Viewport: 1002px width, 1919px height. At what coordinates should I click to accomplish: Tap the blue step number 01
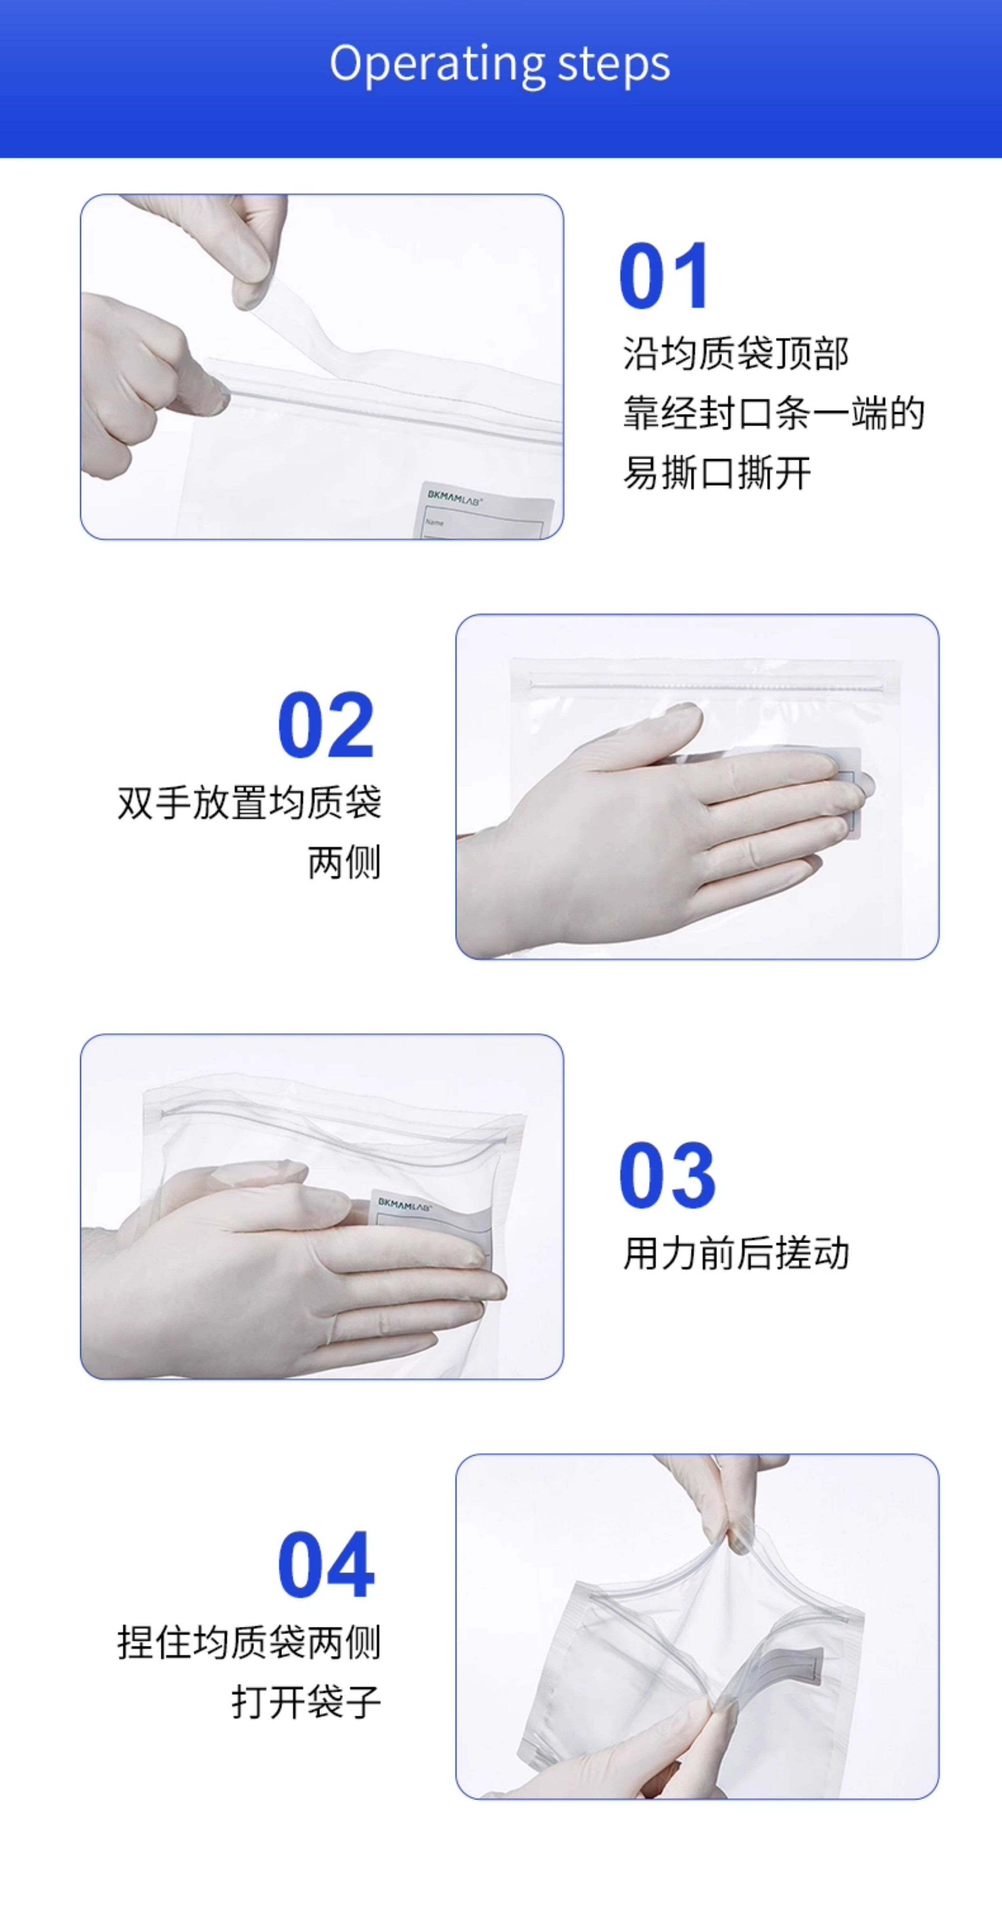663,276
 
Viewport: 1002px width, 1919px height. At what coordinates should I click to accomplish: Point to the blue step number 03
667,1175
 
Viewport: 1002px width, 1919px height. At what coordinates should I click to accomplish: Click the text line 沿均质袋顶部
735,353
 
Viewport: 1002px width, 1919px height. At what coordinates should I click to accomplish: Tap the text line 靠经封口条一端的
773,413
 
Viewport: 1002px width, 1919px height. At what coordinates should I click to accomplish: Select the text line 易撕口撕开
717,473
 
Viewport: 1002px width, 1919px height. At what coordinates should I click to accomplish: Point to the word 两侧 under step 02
344,862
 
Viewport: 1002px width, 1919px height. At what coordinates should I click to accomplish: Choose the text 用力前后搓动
735,1253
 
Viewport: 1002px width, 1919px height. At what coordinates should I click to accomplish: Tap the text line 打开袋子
306,1702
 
